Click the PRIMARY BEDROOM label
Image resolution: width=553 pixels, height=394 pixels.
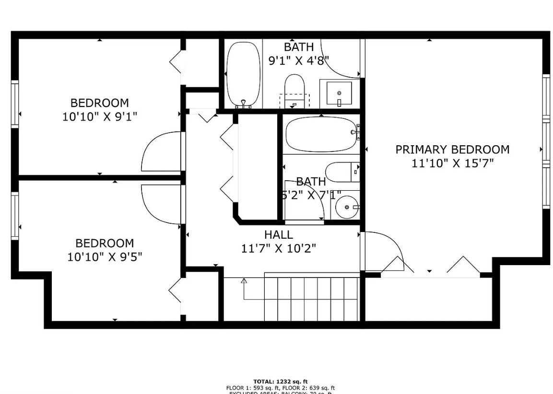[452, 150]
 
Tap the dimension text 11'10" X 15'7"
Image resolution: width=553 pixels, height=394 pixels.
[452, 163]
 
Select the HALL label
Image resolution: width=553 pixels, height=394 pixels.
[278, 235]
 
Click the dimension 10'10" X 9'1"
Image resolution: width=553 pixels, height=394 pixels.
[100, 116]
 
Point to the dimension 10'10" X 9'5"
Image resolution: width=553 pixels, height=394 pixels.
[105, 257]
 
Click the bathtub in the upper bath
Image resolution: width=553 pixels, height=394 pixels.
[243, 74]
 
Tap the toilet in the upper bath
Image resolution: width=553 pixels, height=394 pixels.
[294, 89]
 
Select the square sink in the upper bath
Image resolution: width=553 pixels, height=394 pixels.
[339, 93]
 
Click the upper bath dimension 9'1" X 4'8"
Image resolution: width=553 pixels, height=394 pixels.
[298, 60]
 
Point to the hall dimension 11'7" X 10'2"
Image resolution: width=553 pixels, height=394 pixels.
[278, 248]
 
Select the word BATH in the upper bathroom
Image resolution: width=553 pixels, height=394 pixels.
[298, 47]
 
